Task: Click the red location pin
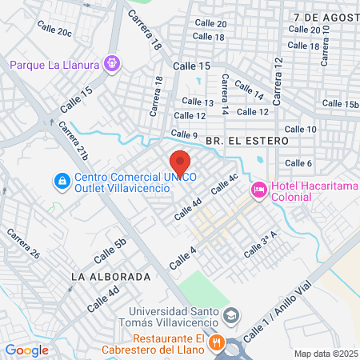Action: click(x=180, y=161)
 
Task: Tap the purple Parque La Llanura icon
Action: click(x=112, y=62)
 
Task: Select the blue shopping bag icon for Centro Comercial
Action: click(x=61, y=182)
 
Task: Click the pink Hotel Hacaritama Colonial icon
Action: click(x=259, y=190)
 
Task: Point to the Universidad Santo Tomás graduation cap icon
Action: click(x=231, y=315)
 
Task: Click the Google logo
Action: click(x=27, y=350)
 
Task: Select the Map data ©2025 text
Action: click(x=325, y=354)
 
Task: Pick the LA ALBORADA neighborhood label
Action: click(x=111, y=276)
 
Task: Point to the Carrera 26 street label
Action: click(x=23, y=243)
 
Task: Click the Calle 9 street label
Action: click(x=184, y=134)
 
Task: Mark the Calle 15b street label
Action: click(x=340, y=104)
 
